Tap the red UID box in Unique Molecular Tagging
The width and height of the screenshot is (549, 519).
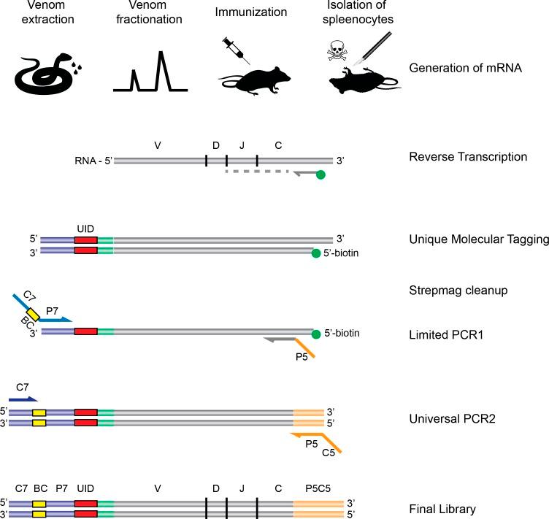pos(85,245)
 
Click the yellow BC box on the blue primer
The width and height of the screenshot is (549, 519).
pos(33,315)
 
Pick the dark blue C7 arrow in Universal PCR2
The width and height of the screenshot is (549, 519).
pos(22,399)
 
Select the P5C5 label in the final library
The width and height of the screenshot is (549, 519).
pos(316,488)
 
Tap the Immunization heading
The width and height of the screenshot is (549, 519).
pos(241,13)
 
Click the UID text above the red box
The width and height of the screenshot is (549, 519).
pos(85,229)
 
